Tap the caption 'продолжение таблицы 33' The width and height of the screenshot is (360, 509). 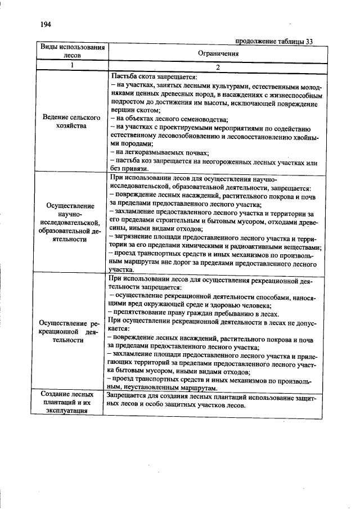273,41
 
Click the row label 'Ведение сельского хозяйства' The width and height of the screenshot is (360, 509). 72,123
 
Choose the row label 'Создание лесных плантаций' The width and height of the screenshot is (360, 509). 72,403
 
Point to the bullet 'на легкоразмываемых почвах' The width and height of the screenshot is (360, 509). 160,152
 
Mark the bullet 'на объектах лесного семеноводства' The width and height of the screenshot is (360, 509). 169,119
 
